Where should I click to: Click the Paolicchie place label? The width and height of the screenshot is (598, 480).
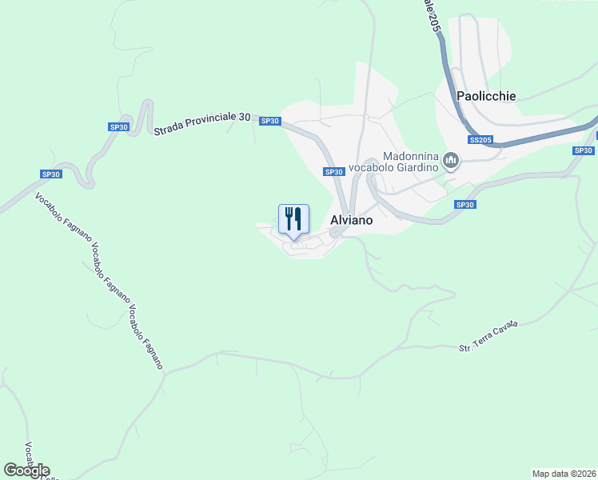[x=486, y=96]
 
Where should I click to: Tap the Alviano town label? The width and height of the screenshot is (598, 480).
[x=351, y=220]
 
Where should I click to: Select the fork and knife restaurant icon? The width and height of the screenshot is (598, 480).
[x=293, y=218]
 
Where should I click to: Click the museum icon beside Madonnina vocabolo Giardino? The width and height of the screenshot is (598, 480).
[x=451, y=162]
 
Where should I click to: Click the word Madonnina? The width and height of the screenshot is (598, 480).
[x=411, y=156]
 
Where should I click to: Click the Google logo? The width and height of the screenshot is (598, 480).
[x=26, y=470]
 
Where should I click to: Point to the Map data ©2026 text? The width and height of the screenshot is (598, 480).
[x=564, y=474]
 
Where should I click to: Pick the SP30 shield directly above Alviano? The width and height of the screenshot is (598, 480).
[x=334, y=172]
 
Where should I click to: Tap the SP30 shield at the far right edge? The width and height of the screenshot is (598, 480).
[x=584, y=150]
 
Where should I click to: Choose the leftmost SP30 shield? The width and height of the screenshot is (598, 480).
[x=51, y=174]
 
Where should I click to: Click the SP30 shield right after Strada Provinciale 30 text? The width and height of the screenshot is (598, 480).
[x=270, y=121]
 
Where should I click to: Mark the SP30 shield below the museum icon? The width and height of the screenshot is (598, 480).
[x=465, y=205]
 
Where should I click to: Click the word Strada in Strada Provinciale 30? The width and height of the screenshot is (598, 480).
[x=171, y=127]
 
